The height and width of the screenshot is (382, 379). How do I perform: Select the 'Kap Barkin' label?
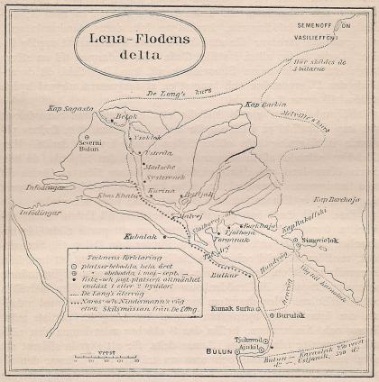[263, 105]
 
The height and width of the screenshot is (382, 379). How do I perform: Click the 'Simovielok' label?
[329, 244]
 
